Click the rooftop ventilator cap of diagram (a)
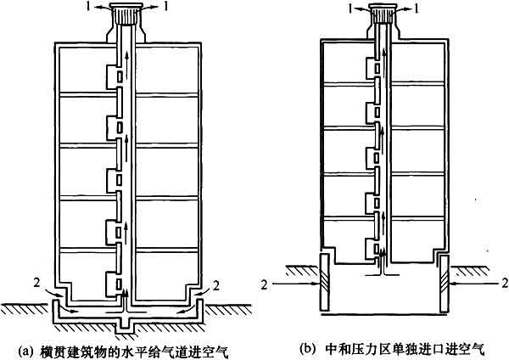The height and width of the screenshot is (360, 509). coord(126,14)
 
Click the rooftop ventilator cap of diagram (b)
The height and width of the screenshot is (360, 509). coord(384,13)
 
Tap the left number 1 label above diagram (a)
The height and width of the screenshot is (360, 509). coord(88,7)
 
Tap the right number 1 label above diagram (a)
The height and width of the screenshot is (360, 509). coord(166,7)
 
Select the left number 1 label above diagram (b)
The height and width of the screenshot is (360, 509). coord(350,9)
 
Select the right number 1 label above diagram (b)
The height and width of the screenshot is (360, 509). coord(417,9)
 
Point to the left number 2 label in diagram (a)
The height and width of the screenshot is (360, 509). coord(36,283)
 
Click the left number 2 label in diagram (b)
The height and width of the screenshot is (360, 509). coord(265,284)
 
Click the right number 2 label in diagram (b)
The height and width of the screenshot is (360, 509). coord(505,284)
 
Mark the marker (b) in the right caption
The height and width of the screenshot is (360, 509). coord(307,349)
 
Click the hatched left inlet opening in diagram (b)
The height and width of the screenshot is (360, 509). coord(324,284)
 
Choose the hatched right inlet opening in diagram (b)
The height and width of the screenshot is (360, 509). coord(445,284)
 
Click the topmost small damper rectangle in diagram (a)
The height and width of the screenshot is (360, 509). coord(120,76)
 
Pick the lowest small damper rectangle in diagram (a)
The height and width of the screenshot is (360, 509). coord(120,284)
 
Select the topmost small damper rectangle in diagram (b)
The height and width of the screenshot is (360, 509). coord(377,69)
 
